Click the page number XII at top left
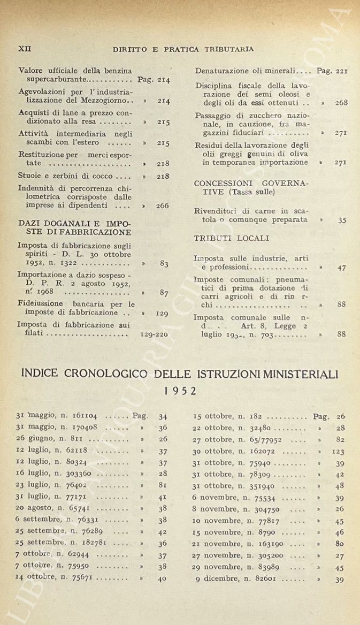[25, 49]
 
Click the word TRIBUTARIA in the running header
[229, 49]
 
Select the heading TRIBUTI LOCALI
[231, 238]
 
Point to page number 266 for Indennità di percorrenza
[163, 205]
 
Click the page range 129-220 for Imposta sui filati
[154, 334]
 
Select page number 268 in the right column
[341, 102]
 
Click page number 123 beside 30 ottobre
[338, 451]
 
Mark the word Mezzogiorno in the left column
[105, 101]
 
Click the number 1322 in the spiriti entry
[70, 263]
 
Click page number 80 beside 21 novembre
[340, 543]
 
